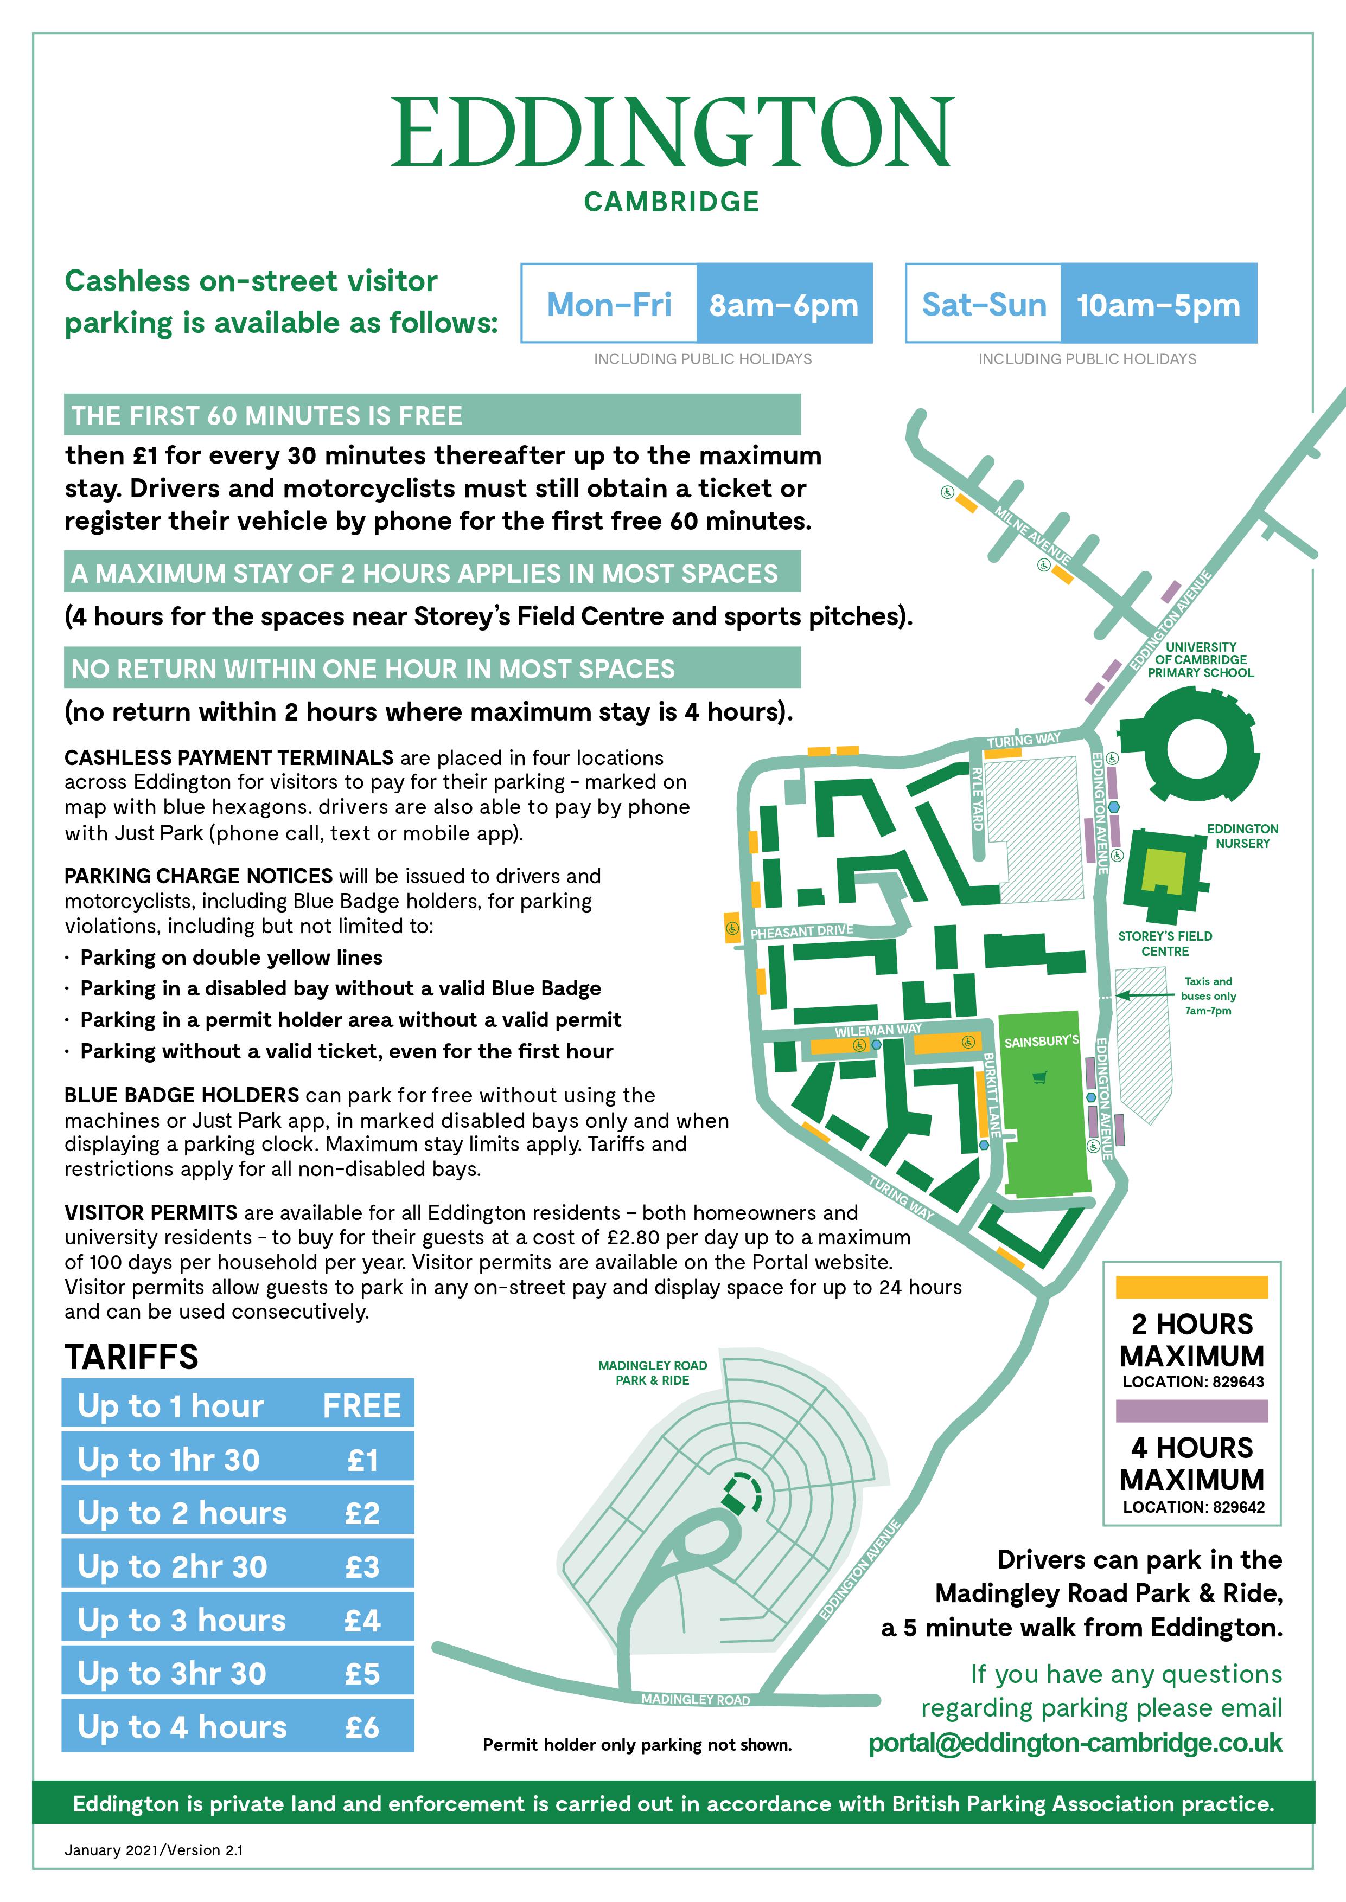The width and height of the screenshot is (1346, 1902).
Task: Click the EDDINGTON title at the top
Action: (672, 132)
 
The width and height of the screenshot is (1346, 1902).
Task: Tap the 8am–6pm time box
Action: (784, 304)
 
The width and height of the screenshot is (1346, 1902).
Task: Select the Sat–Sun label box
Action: (984, 304)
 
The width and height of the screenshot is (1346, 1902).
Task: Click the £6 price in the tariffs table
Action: (362, 1727)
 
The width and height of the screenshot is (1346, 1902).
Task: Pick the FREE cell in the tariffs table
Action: (361, 1406)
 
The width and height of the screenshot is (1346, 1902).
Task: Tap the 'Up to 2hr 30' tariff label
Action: (173, 1566)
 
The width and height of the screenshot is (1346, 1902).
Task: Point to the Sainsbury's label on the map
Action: (1041, 1042)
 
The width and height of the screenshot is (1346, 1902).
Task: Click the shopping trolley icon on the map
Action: (1040, 1077)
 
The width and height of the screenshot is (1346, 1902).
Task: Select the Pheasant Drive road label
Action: (801, 931)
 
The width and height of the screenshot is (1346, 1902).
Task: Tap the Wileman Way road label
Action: (878, 1030)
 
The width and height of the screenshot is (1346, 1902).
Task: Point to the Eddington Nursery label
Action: (1242, 836)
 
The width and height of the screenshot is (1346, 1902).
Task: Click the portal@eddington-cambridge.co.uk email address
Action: (1075, 1743)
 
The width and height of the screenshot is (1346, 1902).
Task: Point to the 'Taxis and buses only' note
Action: (1208, 996)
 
